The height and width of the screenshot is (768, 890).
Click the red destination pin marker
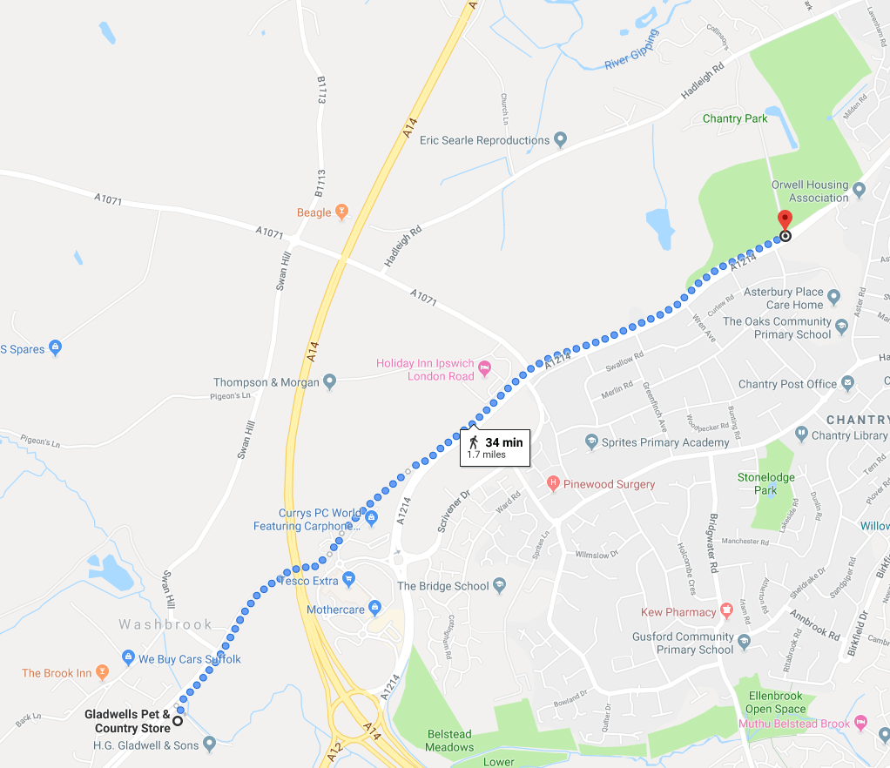tap(785, 219)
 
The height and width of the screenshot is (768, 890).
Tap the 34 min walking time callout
tap(494, 448)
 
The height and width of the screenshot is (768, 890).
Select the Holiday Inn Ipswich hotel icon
tap(485, 369)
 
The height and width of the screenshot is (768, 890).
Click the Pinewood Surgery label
tap(609, 483)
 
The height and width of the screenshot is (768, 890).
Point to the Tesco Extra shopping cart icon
tap(348, 579)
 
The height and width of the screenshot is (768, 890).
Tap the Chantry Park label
tap(735, 118)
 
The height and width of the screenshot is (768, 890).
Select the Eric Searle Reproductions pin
tap(561, 139)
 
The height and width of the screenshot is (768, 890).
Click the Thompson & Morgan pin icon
tap(329, 381)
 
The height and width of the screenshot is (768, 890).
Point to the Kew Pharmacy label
tap(678, 612)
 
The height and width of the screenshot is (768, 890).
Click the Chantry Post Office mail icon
tap(846, 383)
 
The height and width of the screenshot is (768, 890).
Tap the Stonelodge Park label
tap(765, 483)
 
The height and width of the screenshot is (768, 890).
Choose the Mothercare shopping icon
tap(374, 607)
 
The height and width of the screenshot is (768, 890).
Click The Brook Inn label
tap(57, 673)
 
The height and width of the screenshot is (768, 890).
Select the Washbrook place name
tap(165, 624)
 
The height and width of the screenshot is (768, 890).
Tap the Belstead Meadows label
tap(449, 740)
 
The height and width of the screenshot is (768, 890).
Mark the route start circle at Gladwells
tap(178, 720)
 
